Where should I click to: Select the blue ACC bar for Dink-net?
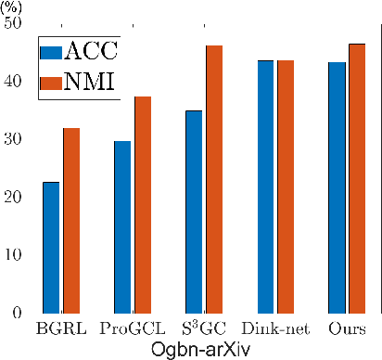coord(266,186)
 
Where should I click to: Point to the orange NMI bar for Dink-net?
coord(286,186)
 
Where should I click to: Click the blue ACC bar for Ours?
coord(337,186)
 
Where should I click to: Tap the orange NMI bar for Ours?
coord(357,177)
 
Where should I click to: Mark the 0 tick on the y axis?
coord(18,313)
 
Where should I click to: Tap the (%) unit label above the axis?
coord(12,6)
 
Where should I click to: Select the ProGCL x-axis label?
coord(132,329)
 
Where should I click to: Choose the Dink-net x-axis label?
coord(275,329)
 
